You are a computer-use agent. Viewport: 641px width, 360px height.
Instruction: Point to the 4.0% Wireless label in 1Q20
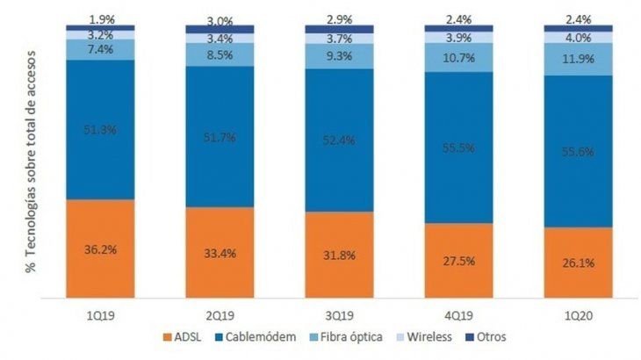577,38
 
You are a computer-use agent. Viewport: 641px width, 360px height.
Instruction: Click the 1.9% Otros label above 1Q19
101,18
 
